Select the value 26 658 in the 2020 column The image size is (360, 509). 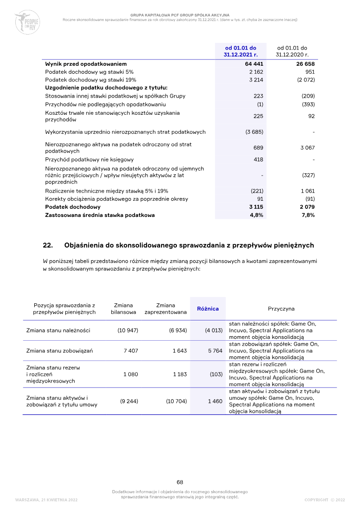point(305,64)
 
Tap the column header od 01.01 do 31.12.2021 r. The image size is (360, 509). point(240,51)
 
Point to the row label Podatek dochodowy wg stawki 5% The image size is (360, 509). point(89,72)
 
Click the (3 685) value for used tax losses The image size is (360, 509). point(254,132)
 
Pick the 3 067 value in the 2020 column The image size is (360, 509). point(307,148)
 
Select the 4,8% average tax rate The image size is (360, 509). point(256,215)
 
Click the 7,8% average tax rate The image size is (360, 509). point(308,215)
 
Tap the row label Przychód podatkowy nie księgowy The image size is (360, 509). point(89,159)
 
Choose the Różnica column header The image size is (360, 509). point(208,309)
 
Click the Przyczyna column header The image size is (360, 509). point(281,309)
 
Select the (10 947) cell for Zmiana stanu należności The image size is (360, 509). point(128,330)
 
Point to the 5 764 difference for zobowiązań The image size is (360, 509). point(215,351)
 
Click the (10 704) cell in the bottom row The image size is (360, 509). point(176,401)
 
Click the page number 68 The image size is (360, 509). point(180,482)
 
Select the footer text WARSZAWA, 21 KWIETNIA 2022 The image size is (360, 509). point(46,500)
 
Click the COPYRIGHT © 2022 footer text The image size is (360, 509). point(324,500)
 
